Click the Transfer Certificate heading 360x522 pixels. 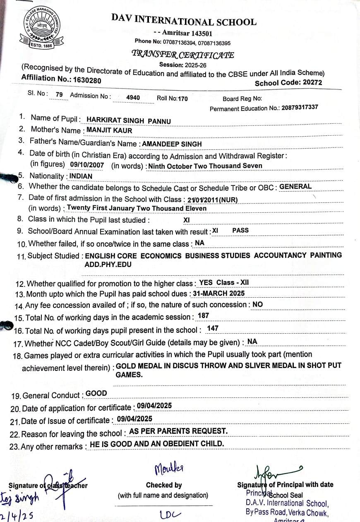tap(182, 54)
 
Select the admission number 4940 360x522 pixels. tap(133, 98)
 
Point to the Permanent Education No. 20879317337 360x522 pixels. tap(300, 107)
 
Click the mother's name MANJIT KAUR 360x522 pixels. tap(109, 130)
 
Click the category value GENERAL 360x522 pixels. tap(295, 186)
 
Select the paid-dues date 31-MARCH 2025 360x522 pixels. tap(219, 293)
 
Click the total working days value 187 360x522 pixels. tap(203, 316)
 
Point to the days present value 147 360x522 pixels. tap(213, 328)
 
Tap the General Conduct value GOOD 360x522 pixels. tap(96, 393)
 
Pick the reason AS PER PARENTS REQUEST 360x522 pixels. tap(178, 431)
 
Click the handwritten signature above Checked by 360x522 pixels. tap(169, 469)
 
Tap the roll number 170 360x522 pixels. tap(182, 99)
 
